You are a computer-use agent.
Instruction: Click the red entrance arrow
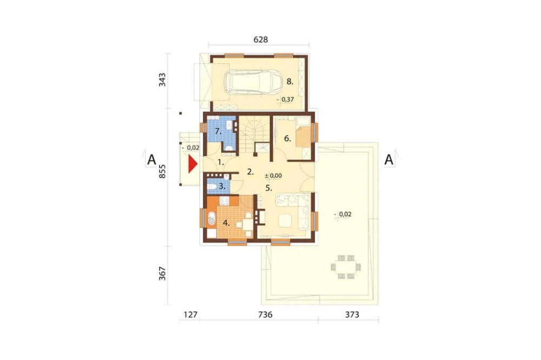tap(192, 164)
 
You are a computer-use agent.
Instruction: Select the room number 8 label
tap(290, 82)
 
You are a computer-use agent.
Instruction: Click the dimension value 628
tap(261, 39)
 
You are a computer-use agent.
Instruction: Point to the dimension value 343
tap(162, 80)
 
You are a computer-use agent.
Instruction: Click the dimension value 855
tap(162, 171)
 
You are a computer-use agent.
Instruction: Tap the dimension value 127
tap(190, 315)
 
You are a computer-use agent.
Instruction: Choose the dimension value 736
tap(265, 315)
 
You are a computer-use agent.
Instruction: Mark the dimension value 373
tap(352, 315)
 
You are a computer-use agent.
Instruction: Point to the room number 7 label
tap(217, 131)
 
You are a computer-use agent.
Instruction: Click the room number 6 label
tap(287, 138)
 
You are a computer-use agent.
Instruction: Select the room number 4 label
tap(226, 223)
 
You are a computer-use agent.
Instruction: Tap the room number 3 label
tap(222, 186)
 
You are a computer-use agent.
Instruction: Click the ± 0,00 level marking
tap(273, 176)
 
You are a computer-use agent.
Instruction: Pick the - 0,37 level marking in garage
tap(286, 99)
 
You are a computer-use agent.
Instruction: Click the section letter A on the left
tap(151, 159)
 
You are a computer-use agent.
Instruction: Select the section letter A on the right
tap(389, 159)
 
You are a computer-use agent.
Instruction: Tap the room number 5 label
tap(269, 188)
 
